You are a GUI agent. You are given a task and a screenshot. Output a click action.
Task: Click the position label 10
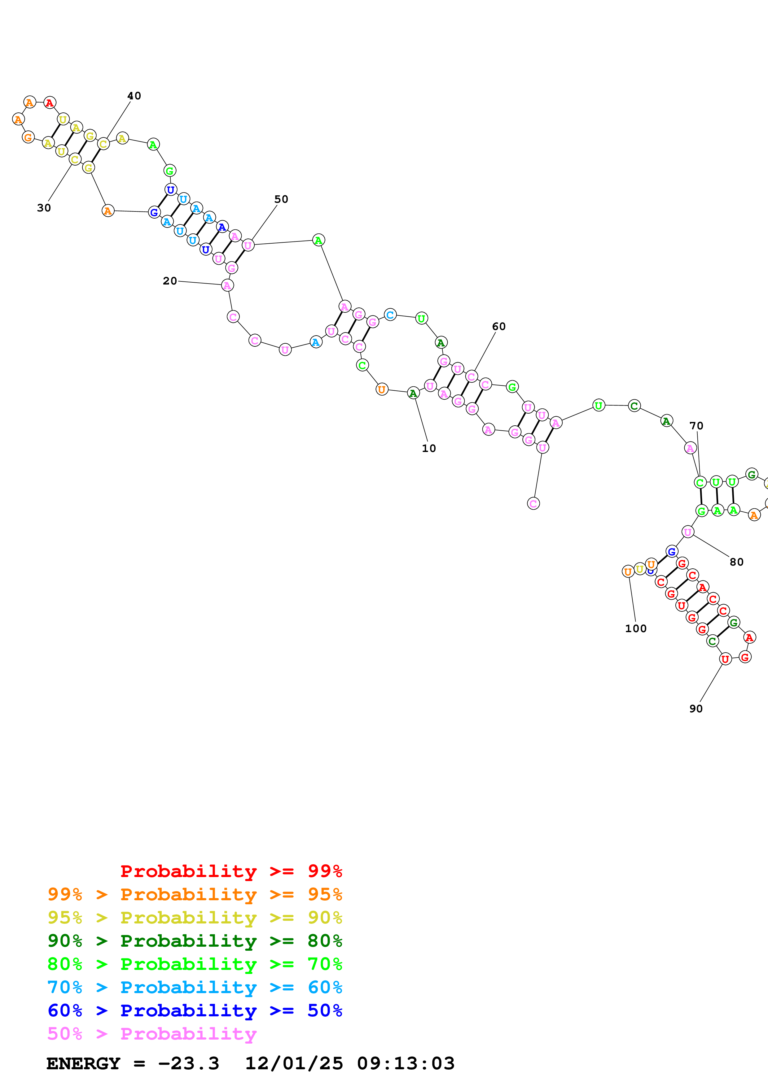coord(429,448)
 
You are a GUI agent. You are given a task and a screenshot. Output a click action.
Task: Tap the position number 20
coord(170,281)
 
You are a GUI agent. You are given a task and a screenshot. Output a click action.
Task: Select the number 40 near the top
coord(134,96)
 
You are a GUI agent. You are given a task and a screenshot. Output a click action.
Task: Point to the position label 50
coord(281,199)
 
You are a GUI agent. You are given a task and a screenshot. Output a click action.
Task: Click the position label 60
coord(499,326)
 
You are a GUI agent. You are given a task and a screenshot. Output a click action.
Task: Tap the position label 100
coord(635,629)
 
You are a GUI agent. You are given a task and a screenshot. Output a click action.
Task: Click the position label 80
coord(736,562)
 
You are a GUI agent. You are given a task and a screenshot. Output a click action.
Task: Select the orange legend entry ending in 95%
coord(195,894)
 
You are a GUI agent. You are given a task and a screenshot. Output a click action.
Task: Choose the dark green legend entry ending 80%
coord(195,941)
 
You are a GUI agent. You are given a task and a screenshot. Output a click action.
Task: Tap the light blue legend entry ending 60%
coord(195,987)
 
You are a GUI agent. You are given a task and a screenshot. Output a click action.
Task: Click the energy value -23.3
coord(188,1063)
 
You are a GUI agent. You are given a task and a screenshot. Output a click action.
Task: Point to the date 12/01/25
coord(294,1063)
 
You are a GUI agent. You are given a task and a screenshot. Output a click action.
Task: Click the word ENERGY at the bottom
coord(83,1063)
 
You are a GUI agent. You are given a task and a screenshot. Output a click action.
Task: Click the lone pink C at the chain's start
coord(533,503)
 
